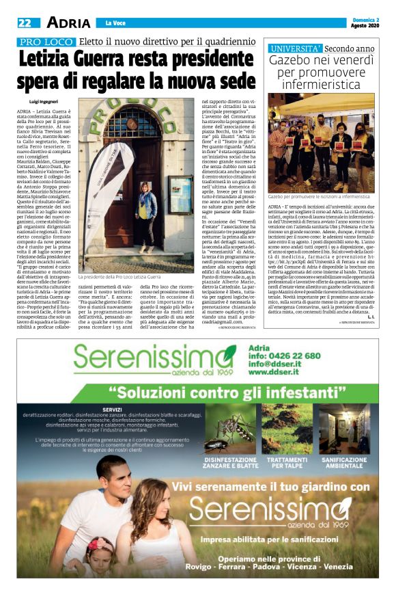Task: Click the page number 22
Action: (25, 23)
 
